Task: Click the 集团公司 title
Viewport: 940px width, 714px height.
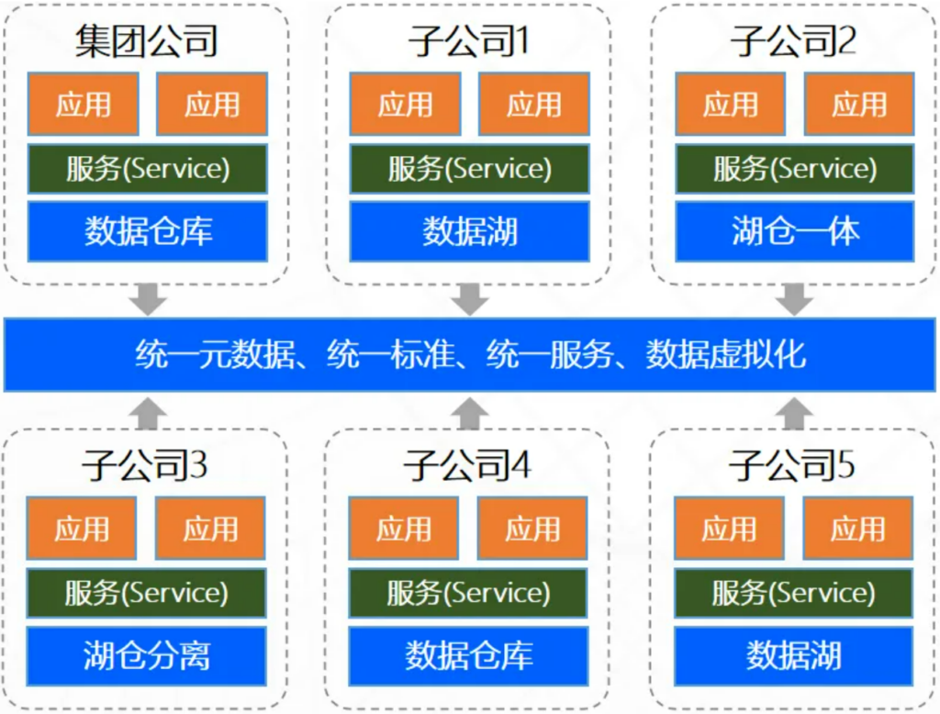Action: (x=146, y=41)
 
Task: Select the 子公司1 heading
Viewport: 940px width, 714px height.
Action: (x=468, y=41)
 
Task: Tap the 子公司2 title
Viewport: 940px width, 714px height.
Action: (x=793, y=41)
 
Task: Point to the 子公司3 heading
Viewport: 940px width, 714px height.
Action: (x=144, y=465)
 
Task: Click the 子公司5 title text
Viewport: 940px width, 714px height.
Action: (x=792, y=465)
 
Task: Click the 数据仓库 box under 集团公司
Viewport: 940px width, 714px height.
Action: (x=148, y=231)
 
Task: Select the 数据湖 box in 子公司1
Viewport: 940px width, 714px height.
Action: (x=469, y=231)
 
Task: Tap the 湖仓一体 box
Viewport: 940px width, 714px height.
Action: (x=794, y=231)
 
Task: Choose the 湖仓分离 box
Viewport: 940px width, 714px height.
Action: (x=146, y=656)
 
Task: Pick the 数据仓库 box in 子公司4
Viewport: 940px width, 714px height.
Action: (x=468, y=656)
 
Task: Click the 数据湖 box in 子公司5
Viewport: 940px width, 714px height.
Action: (x=793, y=656)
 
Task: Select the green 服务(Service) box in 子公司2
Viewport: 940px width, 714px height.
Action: (x=794, y=169)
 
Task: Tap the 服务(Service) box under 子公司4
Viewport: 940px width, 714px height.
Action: (x=468, y=593)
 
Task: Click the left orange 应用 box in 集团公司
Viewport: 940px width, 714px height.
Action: (x=84, y=105)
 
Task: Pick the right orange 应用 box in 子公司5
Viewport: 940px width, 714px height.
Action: (x=858, y=528)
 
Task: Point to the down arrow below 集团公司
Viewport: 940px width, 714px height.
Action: (x=148, y=299)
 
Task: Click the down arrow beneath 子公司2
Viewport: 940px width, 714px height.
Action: (x=794, y=299)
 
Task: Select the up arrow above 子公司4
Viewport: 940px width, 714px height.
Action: (x=469, y=413)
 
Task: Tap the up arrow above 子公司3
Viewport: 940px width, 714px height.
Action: (x=148, y=413)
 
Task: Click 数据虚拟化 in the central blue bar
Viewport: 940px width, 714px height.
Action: (x=725, y=354)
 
